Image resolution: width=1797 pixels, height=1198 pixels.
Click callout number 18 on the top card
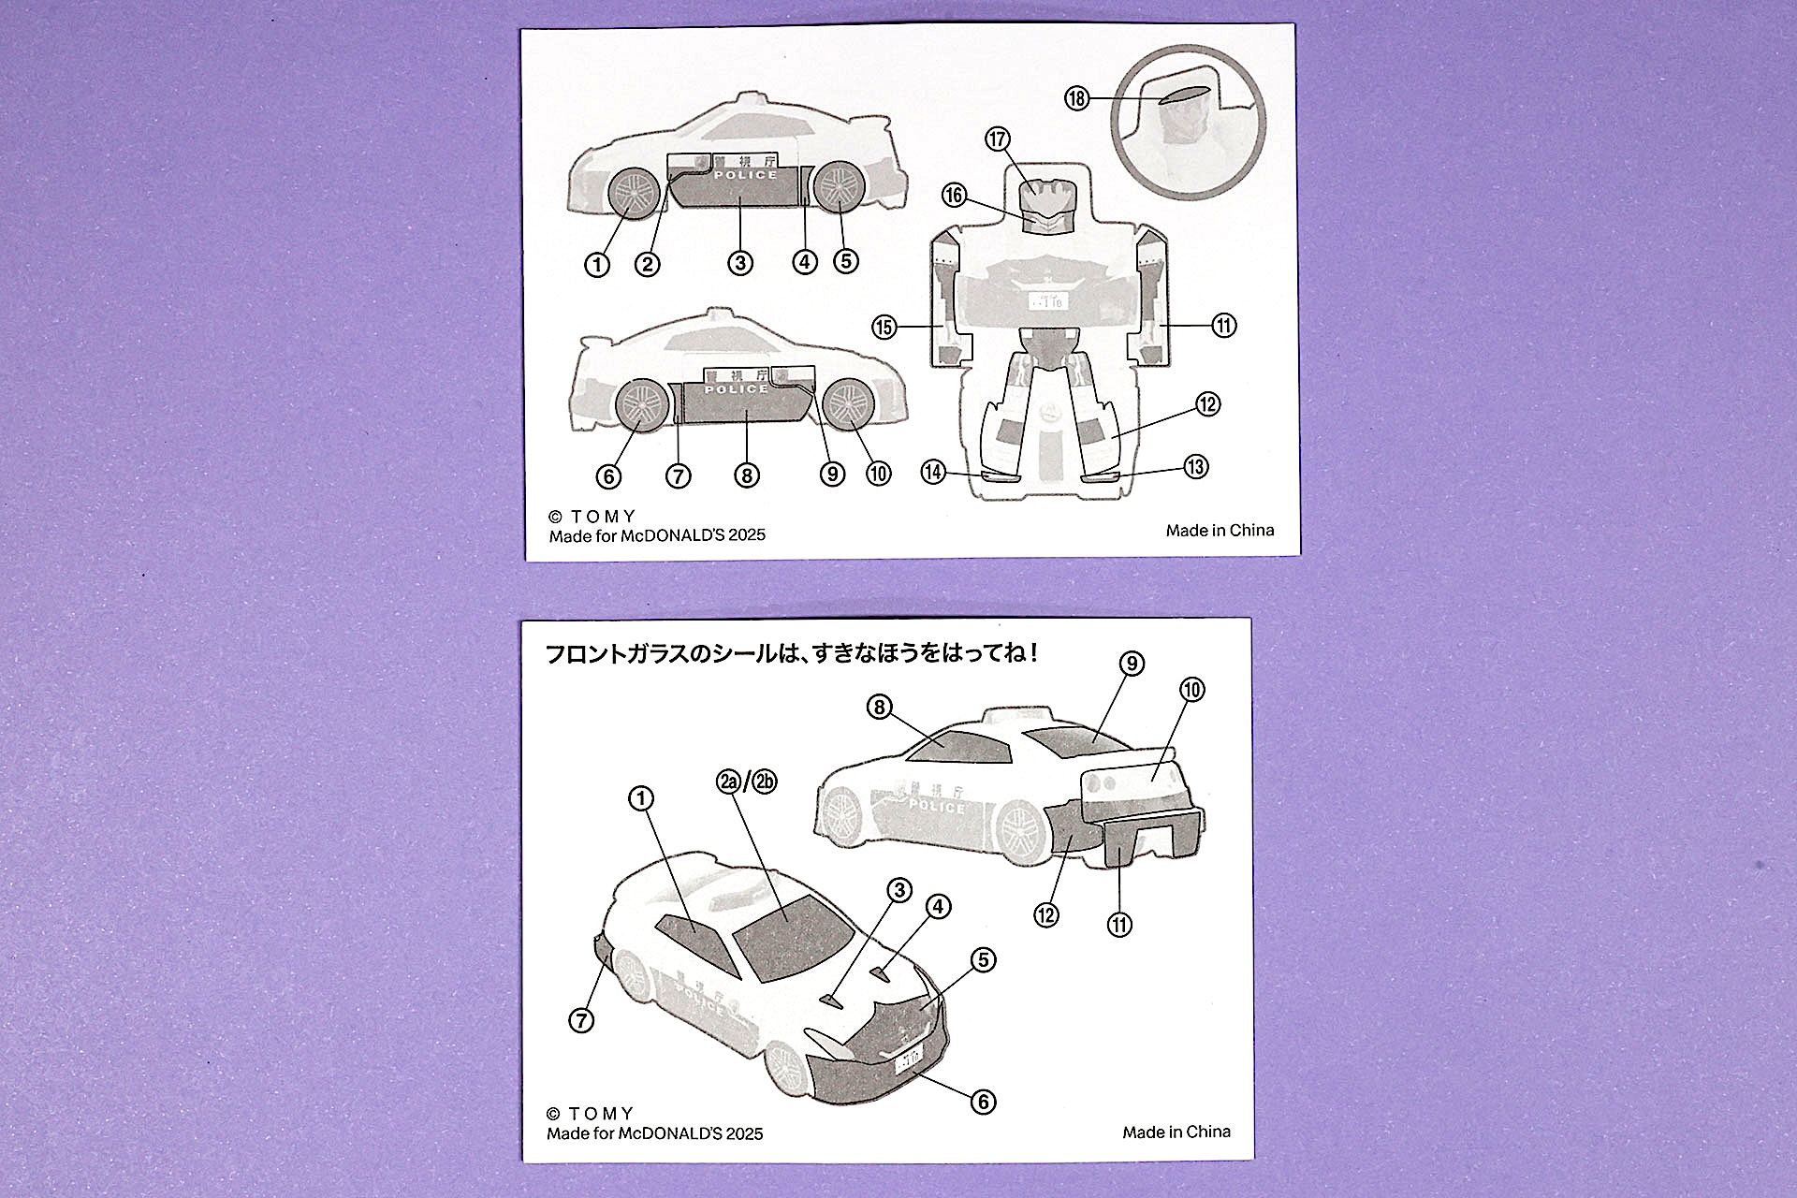[1077, 98]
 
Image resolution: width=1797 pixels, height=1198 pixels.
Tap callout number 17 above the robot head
[998, 139]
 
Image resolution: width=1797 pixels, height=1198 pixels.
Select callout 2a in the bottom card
[729, 782]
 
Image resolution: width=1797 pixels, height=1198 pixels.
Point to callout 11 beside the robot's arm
[1224, 326]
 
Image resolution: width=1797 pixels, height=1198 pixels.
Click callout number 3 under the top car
[740, 263]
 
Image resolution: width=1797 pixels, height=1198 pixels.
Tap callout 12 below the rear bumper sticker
[1046, 914]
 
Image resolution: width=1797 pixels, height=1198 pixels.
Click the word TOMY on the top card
[603, 517]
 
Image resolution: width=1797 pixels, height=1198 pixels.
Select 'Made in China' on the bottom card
[1176, 1132]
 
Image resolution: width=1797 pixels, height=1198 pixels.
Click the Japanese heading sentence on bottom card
[792, 653]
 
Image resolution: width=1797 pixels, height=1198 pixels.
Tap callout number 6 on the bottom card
[983, 1102]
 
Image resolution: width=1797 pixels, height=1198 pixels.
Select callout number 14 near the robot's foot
[933, 472]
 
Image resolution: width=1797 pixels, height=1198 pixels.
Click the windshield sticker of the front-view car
[791, 936]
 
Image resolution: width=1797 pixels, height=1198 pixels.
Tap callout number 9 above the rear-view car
[1132, 664]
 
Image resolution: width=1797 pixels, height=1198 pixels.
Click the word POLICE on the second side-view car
[736, 389]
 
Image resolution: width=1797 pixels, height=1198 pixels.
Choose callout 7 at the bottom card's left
[581, 1020]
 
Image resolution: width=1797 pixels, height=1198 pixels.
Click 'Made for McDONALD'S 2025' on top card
[657, 535]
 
